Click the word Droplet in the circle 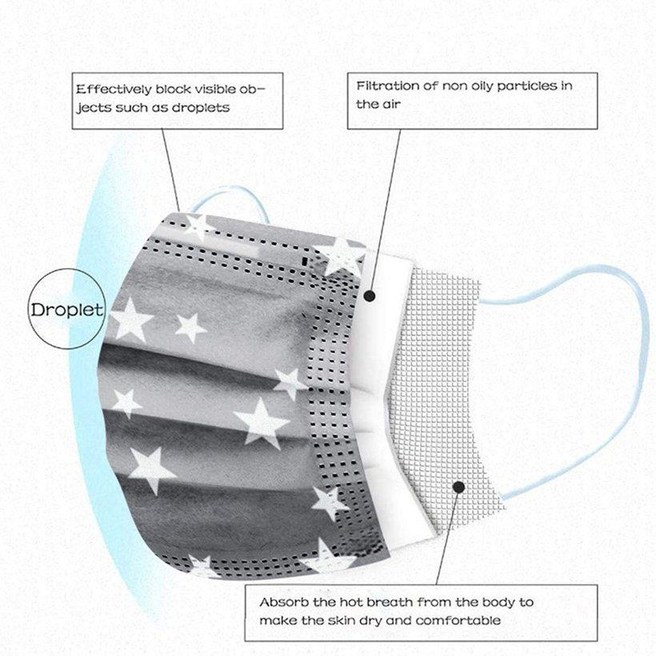[x=66, y=310]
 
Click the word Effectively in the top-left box [x=114, y=90]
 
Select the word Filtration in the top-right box [x=387, y=86]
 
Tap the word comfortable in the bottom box [x=458, y=620]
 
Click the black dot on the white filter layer [x=370, y=296]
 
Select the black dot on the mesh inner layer [x=459, y=487]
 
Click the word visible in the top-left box [x=216, y=89]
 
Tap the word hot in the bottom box [x=350, y=602]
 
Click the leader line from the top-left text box [x=170, y=170]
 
